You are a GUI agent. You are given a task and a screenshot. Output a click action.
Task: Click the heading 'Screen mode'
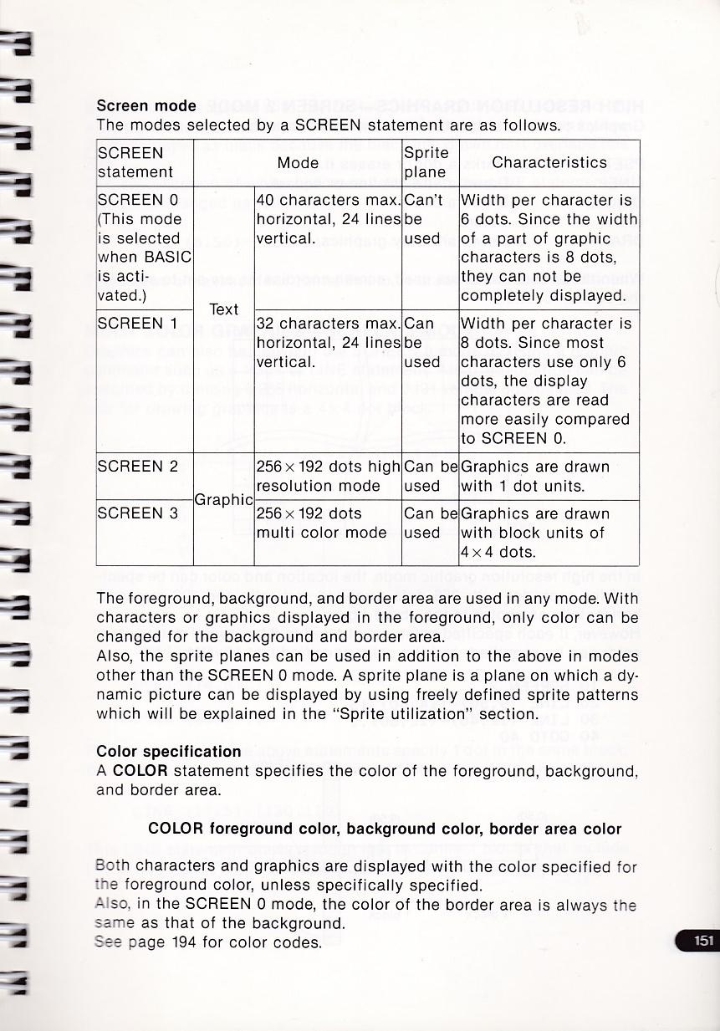(x=146, y=106)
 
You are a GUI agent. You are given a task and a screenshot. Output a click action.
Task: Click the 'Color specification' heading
(x=169, y=751)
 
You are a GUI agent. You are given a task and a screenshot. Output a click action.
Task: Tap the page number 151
(x=703, y=941)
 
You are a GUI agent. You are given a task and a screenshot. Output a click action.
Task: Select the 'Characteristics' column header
(x=549, y=162)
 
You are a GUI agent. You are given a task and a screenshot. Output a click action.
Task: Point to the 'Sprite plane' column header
(x=426, y=163)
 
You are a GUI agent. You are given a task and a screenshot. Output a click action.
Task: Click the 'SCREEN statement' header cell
(x=135, y=163)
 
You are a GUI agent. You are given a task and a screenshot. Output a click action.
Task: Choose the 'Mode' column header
(x=298, y=162)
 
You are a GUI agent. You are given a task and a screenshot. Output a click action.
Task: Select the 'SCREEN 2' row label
(x=138, y=467)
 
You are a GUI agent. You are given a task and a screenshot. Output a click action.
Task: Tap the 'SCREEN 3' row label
(x=138, y=513)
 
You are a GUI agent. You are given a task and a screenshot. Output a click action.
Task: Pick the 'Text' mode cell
(x=223, y=309)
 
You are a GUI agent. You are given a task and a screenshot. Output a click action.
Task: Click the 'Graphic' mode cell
(x=223, y=500)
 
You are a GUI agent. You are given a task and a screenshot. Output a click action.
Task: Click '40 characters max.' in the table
(x=328, y=201)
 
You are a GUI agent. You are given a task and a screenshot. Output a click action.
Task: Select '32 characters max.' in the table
(x=328, y=324)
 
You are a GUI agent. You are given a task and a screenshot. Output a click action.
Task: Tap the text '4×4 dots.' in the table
(x=498, y=552)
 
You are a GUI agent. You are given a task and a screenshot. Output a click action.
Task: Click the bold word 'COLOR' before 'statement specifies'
(x=140, y=770)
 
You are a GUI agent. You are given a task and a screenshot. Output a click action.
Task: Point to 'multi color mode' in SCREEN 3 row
(x=321, y=533)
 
